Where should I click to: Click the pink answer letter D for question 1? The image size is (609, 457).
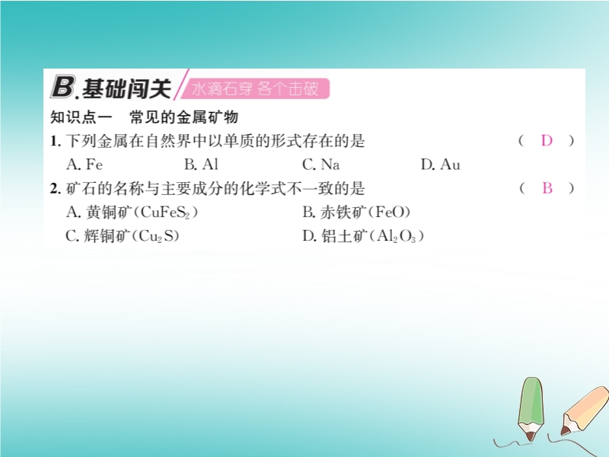click(547, 141)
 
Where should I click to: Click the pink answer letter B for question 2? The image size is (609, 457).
click(547, 188)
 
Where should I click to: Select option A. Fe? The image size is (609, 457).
click(84, 165)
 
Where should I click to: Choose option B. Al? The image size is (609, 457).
click(201, 165)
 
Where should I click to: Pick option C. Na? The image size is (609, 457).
click(320, 165)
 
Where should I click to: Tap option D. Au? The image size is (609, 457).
click(441, 165)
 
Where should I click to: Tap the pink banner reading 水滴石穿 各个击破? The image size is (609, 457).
click(255, 88)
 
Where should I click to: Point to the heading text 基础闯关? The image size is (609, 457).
click(126, 88)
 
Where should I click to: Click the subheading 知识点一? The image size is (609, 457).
click(81, 117)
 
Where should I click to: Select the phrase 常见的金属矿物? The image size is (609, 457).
click(183, 117)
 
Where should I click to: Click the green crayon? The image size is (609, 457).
click(531, 407)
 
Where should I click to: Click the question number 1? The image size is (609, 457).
click(55, 141)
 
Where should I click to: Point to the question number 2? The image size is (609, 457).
click(55, 188)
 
